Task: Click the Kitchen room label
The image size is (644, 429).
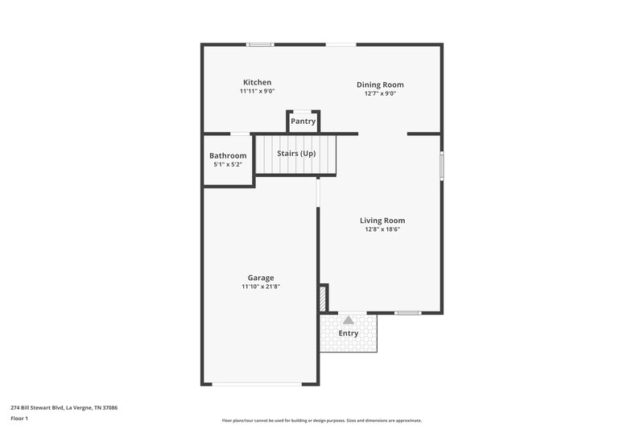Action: coord(258,82)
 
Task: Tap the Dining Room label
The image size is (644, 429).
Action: coord(380,85)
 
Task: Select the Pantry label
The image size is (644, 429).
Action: coord(303,122)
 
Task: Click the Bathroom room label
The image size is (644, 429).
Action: coord(228,155)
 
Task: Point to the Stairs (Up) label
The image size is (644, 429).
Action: coord(295,153)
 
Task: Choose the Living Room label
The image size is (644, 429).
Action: coord(382,220)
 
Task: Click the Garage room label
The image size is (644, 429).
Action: coord(260,278)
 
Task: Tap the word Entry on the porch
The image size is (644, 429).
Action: coord(349,332)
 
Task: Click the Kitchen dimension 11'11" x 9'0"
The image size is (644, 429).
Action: coord(258,92)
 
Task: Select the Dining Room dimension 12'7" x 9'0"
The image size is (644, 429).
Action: coord(380,93)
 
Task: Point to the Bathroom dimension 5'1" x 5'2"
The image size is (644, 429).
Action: coord(228,165)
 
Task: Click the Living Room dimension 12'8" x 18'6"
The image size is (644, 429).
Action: coord(382,229)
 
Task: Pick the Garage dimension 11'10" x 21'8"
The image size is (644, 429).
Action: coord(260,287)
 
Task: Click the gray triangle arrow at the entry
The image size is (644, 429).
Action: coord(349,320)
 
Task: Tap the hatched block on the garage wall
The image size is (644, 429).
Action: coord(324,298)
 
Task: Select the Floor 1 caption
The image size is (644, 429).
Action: coord(19,419)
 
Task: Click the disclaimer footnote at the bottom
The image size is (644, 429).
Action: coord(321,420)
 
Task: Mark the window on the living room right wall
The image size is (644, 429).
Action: coord(441,165)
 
